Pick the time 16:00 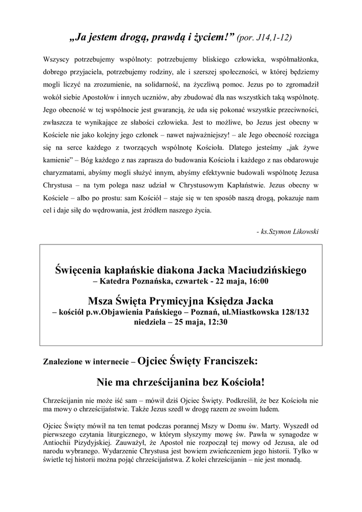click(258, 281)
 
